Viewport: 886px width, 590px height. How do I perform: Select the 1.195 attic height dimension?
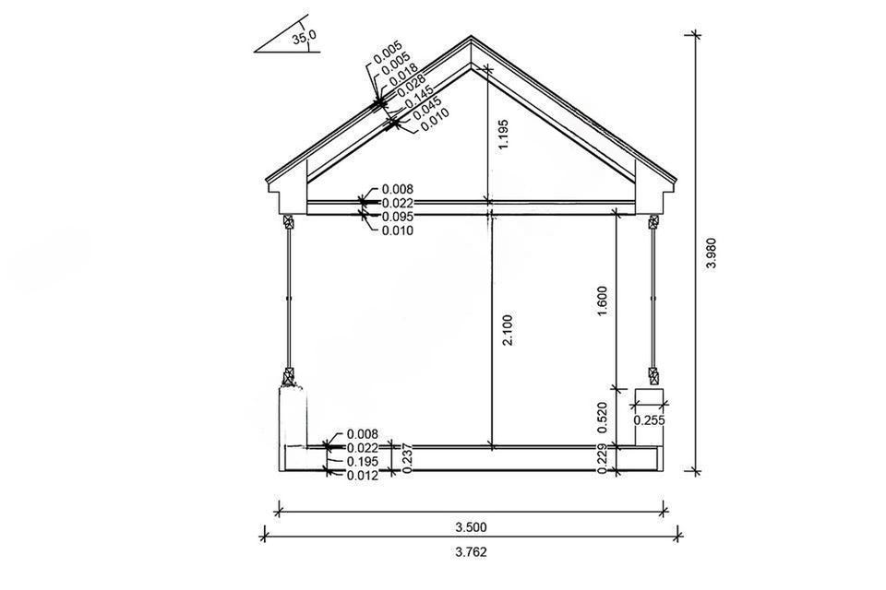click(503, 135)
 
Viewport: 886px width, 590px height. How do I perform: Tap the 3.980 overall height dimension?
click(711, 254)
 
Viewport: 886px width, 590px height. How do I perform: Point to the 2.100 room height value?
click(508, 330)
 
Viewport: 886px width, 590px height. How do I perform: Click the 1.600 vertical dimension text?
click(602, 301)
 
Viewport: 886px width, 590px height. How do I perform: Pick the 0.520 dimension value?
click(602, 418)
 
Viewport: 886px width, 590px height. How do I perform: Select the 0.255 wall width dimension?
click(649, 420)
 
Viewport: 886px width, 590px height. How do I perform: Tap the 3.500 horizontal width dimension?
click(472, 527)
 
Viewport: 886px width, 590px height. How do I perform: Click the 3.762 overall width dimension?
click(472, 551)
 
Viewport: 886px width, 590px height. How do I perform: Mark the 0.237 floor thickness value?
click(405, 458)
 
